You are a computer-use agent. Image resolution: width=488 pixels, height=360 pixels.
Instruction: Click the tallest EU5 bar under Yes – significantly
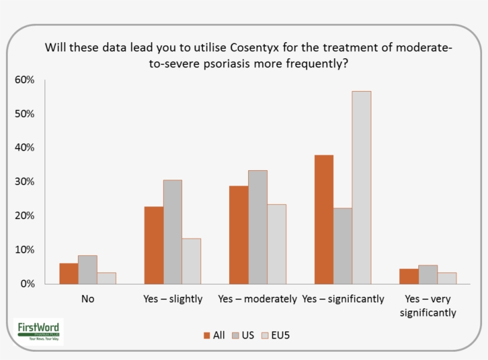pos(361,187)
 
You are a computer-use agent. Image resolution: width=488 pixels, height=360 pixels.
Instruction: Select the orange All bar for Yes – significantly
pos(324,220)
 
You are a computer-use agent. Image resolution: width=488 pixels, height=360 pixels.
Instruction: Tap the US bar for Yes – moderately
pos(258,227)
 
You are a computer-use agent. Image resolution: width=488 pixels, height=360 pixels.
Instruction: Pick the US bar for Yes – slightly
pos(173,232)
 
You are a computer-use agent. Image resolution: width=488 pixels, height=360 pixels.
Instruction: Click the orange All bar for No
pos(68,274)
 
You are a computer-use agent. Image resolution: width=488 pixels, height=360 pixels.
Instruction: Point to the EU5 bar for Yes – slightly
pos(191,261)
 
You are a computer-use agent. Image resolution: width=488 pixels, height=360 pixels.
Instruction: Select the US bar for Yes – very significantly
pos(428,275)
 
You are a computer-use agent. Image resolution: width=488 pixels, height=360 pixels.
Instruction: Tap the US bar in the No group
pos(87,270)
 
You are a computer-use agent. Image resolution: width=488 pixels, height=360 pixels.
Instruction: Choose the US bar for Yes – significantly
pos(343,246)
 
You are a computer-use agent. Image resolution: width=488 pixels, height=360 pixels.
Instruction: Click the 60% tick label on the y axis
pos(25,80)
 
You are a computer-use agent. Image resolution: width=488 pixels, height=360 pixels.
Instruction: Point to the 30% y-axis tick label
pos(25,181)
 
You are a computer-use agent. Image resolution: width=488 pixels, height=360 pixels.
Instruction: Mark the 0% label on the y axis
pos(27,284)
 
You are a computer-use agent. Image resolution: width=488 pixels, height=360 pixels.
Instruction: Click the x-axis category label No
pos(87,299)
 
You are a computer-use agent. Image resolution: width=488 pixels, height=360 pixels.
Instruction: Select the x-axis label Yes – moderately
pos(257,299)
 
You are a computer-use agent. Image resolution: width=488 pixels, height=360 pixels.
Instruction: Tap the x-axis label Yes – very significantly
pos(428,306)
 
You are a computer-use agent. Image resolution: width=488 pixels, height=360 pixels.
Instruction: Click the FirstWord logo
pos(38,331)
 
